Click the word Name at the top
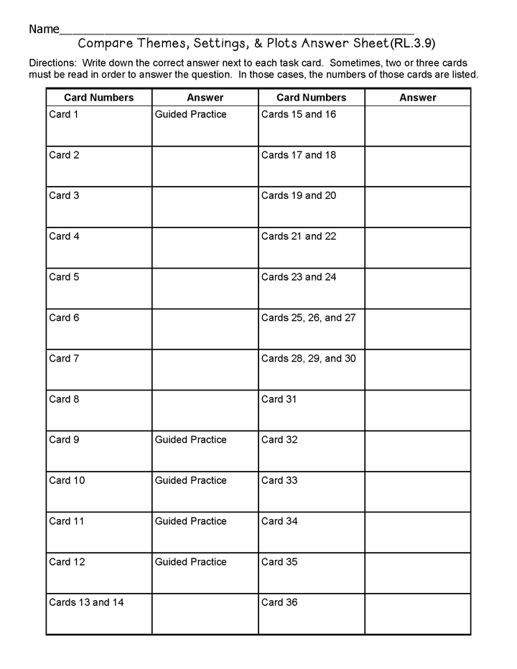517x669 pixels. [44, 29]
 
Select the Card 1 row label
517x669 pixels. [64, 114]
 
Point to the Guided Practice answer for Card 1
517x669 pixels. [190, 114]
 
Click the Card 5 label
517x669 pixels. [64, 277]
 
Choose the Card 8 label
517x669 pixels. [64, 399]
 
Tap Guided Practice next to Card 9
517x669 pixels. [190, 439]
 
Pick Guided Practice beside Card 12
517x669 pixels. [190, 561]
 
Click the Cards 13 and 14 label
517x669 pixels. [86, 602]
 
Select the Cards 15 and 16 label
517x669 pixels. [298, 114]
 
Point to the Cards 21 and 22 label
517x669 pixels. [298, 236]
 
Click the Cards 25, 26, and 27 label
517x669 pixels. [308, 317]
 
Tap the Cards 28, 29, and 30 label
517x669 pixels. [308, 358]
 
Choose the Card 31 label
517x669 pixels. [279, 399]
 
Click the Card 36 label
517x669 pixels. [279, 602]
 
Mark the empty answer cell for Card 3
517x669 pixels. [205, 207]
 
